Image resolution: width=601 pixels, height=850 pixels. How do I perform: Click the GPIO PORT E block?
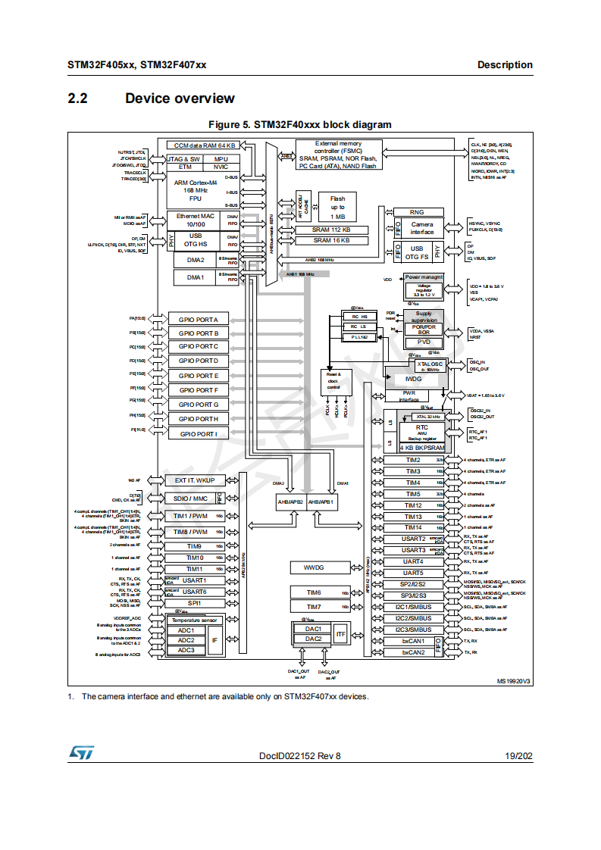(198, 376)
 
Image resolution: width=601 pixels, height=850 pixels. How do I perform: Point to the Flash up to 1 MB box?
(337, 207)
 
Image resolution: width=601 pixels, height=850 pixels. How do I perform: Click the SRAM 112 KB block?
(331, 230)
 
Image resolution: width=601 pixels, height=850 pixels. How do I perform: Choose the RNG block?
(416, 212)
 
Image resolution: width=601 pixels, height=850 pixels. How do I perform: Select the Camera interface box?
(421, 228)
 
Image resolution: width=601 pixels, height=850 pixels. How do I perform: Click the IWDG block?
(413, 378)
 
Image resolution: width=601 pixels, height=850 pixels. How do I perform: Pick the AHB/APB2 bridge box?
(290, 502)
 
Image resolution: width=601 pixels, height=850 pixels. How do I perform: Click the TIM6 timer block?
(313, 592)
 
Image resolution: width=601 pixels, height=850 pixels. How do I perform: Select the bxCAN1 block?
(412, 641)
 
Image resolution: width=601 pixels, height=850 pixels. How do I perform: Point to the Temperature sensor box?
(194, 620)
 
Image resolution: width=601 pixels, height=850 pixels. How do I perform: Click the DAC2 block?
(313, 639)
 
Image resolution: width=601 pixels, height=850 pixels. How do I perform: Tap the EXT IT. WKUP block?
(195, 480)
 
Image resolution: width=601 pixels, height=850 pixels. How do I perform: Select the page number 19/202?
(518, 756)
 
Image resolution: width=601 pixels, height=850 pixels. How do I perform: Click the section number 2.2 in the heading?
(77, 98)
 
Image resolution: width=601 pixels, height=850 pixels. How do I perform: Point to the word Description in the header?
(505, 65)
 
